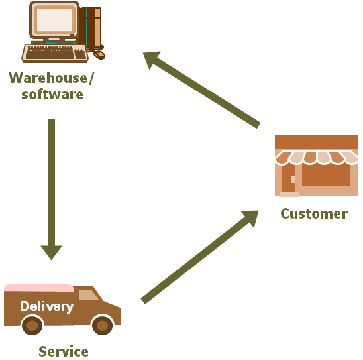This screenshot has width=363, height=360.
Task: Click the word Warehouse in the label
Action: (48, 78)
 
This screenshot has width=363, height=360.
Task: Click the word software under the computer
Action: (52, 95)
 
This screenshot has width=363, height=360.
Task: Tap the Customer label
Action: (314, 214)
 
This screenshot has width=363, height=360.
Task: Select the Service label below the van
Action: (64, 351)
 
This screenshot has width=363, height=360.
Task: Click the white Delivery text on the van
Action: (47, 306)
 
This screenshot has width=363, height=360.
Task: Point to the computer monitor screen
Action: (54, 20)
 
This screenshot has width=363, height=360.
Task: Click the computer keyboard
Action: (55, 54)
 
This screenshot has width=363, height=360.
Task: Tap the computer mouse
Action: (99, 54)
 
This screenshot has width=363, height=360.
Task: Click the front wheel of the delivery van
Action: (102, 326)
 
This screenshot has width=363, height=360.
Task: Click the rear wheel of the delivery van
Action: (32, 326)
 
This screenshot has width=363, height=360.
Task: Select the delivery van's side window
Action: (89, 295)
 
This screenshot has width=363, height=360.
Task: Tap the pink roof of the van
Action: (38, 288)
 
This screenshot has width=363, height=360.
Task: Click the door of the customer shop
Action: (289, 178)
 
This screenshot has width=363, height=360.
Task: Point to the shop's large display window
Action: (326, 174)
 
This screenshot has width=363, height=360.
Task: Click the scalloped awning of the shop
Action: (316, 158)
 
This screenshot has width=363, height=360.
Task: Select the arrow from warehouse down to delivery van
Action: (52, 189)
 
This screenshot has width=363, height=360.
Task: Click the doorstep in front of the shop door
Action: (289, 194)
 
